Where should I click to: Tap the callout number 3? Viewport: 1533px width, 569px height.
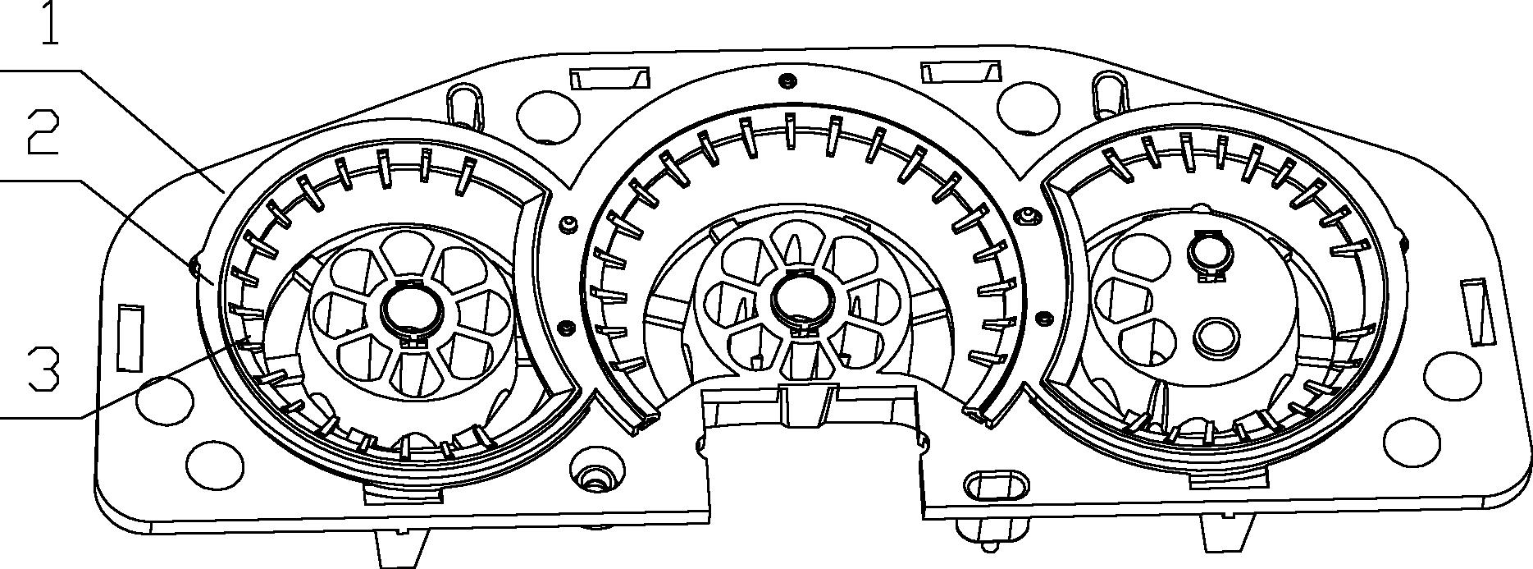point(43,369)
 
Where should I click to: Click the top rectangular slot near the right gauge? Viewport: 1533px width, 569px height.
point(960,71)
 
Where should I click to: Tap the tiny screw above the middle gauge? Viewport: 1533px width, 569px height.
point(787,80)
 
